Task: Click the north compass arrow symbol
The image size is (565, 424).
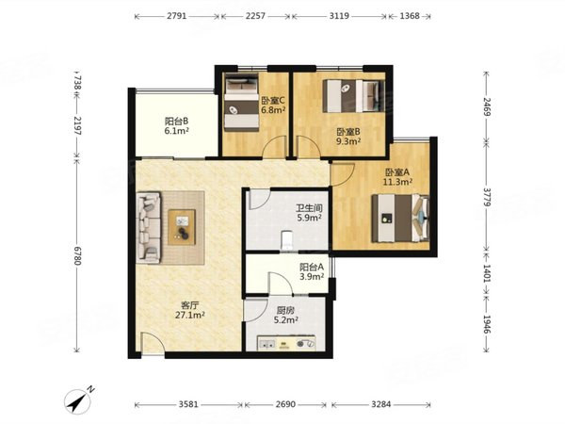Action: (77, 400)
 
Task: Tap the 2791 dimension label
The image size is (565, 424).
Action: (177, 16)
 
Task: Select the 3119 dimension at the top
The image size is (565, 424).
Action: (339, 16)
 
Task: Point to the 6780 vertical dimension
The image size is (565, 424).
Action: (77, 255)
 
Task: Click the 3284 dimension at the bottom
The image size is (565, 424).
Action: (380, 404)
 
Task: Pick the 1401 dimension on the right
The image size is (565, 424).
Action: (487, 273)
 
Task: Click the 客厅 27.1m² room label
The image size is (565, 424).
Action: (190, 310)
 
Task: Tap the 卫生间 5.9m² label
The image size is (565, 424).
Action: (309, 213)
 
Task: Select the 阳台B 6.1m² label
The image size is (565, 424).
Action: (177, 125)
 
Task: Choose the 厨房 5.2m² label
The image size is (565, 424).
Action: (285, 315)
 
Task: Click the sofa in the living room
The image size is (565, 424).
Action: (149, 227)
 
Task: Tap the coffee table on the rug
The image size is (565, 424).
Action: (182, 227)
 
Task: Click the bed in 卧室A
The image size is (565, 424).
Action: (400, 219)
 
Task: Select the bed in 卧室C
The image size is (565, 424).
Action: (242, 102)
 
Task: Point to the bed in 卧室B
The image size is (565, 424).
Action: (353, 96)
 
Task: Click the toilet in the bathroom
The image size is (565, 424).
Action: (287, 240)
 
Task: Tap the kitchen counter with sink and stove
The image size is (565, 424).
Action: (286, 343)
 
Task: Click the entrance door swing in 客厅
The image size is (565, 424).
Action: (153, 344)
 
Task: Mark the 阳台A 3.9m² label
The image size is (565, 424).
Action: (312, 271)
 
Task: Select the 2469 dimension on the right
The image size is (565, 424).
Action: (487, 106)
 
